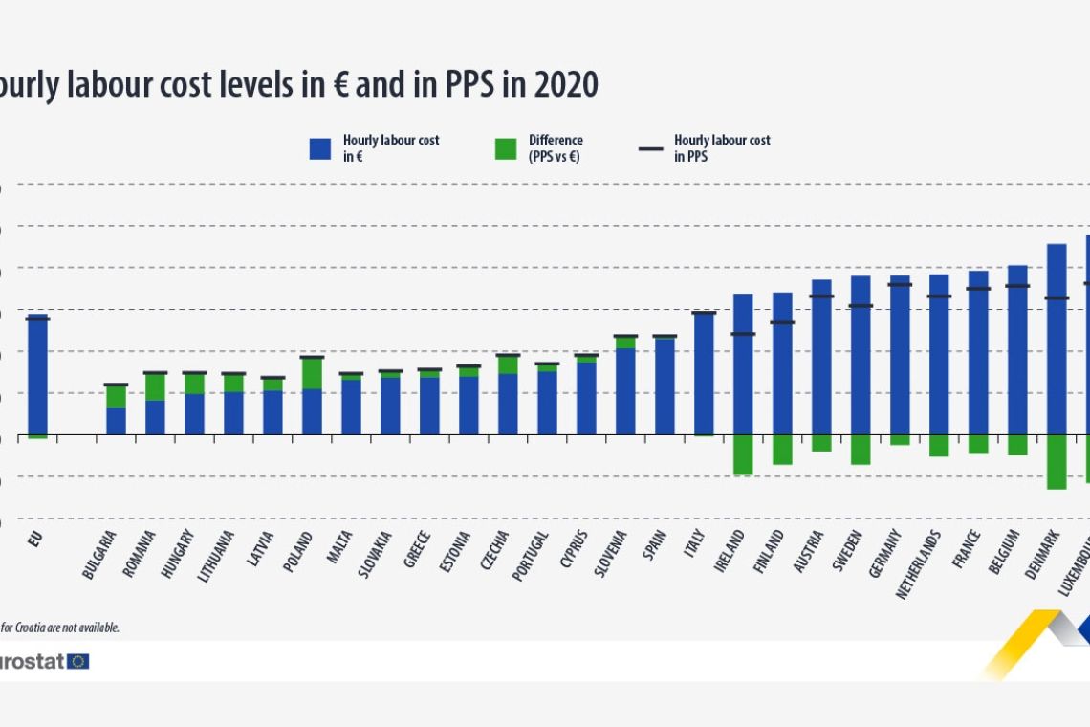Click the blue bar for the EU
(37, 375)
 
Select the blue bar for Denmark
(1057, 340)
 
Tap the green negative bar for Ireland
(743, 454)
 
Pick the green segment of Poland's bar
(312, 373)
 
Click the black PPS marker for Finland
(782, 322)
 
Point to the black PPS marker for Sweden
(861, 306)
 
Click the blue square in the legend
(320, 148)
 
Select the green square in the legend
(506, 148)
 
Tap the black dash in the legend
(651, 149)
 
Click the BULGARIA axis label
(100, 554)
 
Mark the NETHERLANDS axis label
(919, 563)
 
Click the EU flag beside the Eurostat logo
(78, 661)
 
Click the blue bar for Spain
(665, 386)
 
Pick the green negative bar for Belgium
(1017, 445)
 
